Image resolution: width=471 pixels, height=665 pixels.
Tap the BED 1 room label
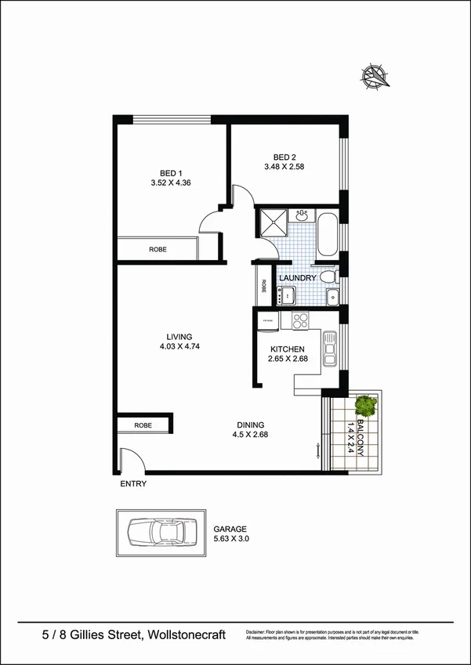171,173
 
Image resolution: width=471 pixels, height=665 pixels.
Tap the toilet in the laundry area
332,275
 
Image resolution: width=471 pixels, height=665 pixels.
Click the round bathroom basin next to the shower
302,215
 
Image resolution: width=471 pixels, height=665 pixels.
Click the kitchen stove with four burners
300,320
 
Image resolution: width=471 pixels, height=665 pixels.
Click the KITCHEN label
288,349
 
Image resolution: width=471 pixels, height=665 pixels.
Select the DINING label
250,425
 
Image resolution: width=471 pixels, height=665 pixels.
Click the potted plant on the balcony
366,406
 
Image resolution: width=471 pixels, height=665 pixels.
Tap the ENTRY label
133,484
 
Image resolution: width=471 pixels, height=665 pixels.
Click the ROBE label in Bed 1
158,249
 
